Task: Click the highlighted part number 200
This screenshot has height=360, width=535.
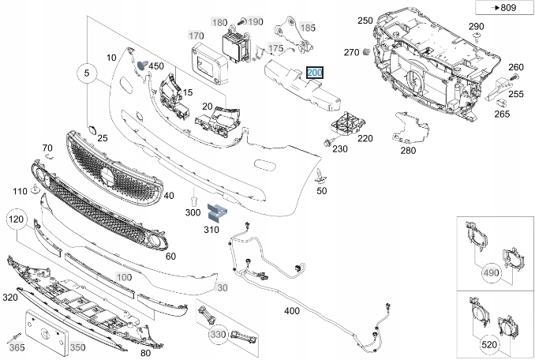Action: click(315, 73)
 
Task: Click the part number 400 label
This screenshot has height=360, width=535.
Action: click(292, 311)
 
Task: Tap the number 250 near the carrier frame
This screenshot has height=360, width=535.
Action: click(365, 21)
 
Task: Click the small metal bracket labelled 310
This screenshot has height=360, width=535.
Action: click(215, 211)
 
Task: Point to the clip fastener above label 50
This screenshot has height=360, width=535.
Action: click(320, 174)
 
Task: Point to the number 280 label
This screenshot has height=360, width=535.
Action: click(407, 150)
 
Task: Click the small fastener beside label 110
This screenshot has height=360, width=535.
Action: click(36, 190)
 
